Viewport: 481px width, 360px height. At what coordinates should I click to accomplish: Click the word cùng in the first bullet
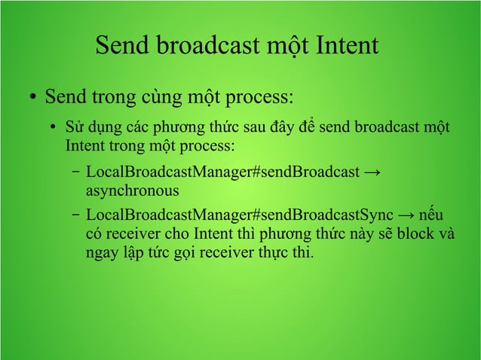156,99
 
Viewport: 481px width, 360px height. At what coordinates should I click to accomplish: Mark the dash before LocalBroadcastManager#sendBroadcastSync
77,216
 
